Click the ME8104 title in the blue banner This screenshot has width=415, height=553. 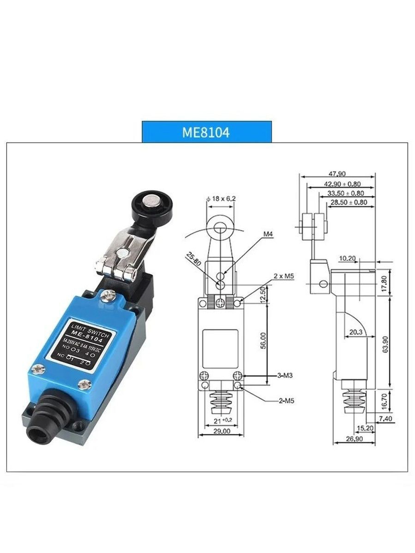[206, 132]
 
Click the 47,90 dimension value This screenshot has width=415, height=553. [337, 174]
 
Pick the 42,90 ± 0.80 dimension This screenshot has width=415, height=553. [342, 184]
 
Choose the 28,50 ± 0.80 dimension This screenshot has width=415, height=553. [349, 202]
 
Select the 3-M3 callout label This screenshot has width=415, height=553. [285, 375]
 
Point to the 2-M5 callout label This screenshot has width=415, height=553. [286, 401]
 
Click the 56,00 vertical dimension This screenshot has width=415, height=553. [264, 341]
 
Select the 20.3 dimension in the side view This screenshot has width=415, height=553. [356, 332]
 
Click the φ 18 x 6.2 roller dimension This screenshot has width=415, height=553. [221, 199]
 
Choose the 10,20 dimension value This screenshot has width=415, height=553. [347, 258]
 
